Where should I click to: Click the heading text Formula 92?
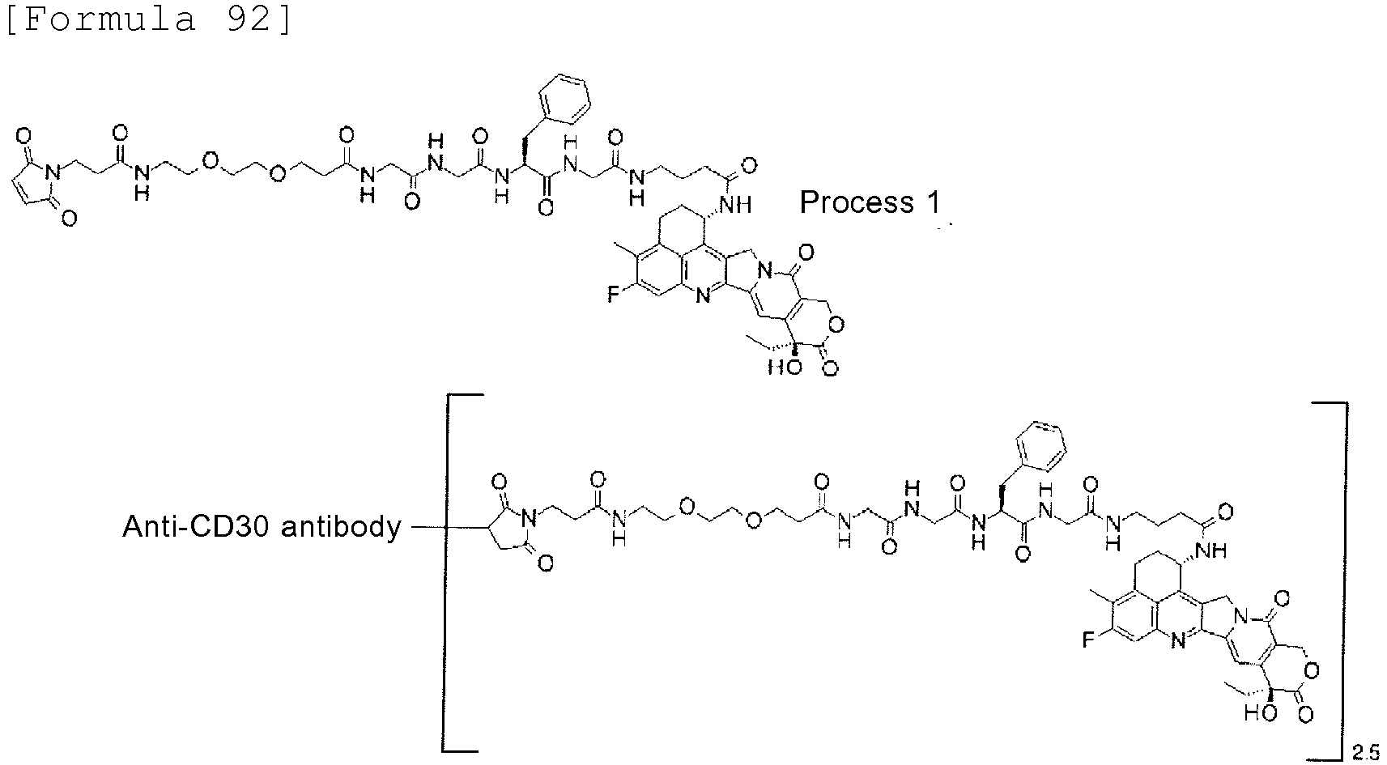(x=149, y=19)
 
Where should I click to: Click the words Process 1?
(x=870, y=202)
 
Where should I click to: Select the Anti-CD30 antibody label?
(x=262, y=527)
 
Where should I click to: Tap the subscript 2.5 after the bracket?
(x=1365, y=752)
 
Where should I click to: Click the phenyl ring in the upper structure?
(x=564, y=99)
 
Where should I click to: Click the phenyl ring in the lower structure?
(x=1040, y=445)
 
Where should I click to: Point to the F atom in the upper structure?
(x=613, y=294)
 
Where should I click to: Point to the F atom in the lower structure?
(x=1088, y=640)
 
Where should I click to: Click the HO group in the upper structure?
(x=785, y=367)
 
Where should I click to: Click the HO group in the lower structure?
(x=1261, y=713)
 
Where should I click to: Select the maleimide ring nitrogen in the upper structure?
(x=54, y=172)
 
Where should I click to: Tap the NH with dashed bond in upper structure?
(x=737, y=204)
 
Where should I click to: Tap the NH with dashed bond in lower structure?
(x=1211, y=550)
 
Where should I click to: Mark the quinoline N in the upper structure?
(x=703, y=296)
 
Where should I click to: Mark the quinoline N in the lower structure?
(x=1178, y=643)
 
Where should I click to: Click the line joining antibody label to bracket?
(x=428, y=527)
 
